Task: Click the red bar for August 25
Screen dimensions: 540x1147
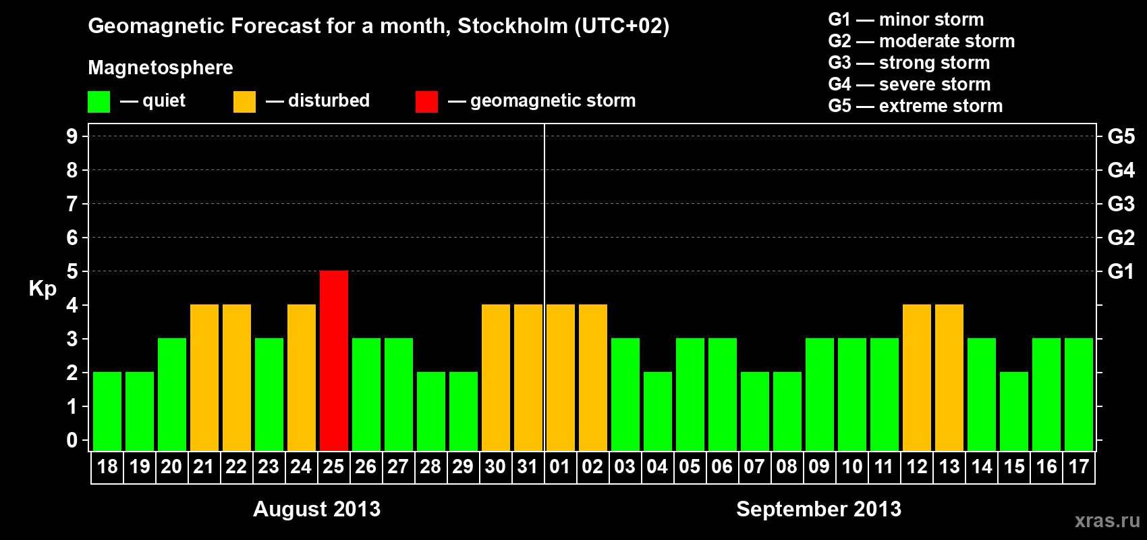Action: (334, 360)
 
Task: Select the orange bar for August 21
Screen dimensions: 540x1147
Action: (204, 377)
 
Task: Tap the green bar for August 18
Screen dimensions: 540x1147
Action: (107, 411)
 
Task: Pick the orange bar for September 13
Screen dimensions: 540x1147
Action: (949, 377)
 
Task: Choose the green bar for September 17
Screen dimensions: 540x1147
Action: (1079, 394)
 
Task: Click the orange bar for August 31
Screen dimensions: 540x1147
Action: (528, 377)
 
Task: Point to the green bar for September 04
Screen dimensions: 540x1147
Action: (658, 411)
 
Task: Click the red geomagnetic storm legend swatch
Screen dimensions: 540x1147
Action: (426, 102)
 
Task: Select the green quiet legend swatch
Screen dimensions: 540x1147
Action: (99, 102)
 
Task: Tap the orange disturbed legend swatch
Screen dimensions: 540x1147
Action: (244, 102)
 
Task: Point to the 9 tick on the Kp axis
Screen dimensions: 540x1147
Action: (72, 136)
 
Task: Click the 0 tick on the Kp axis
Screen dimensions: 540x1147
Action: (72, 440)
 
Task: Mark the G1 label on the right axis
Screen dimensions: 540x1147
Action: (1121, 271)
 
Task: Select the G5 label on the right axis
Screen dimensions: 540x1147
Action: (1121, 136)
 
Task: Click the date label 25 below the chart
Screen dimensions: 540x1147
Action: (333, 466)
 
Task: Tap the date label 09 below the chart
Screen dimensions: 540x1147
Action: (819, 466)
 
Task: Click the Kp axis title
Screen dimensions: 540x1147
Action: (43, 289)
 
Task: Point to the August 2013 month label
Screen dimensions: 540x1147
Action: (316, 509)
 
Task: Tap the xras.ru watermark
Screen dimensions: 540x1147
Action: (1107, 520)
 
